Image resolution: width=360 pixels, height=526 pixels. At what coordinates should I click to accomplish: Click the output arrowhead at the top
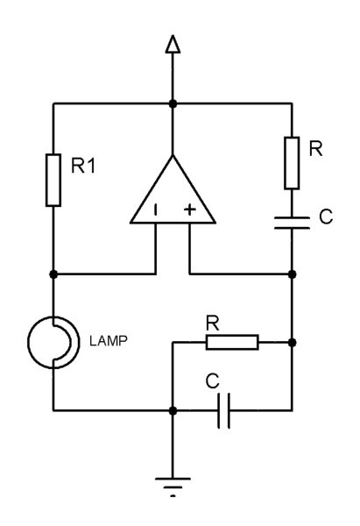coord(173,44)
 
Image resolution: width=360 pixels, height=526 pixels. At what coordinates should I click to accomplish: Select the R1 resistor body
coord(53,181)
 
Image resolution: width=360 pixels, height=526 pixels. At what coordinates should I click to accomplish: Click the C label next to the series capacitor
coord(325,215)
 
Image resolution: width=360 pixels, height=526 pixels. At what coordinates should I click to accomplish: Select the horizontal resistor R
coord(231,342)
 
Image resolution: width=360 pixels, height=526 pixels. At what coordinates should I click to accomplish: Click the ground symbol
coord(173,481)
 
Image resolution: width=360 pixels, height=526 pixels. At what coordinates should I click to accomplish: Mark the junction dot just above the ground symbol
coord(173,410)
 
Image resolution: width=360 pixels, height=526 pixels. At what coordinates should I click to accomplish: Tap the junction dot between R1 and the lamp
coord(53,274)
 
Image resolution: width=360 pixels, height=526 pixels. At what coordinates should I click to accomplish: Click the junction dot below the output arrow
coord(173,104)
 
